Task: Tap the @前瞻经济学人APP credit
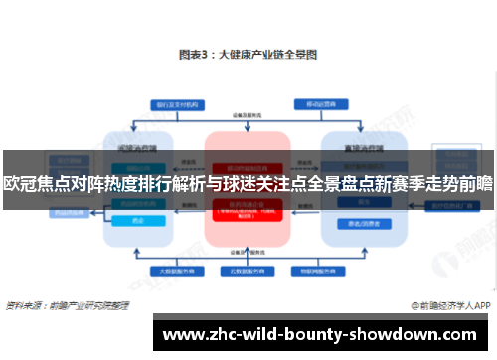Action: coord(448,304)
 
